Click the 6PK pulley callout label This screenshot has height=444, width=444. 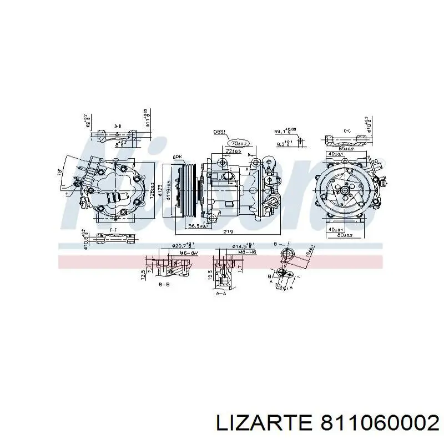point(178,157)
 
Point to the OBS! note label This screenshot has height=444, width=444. point(219,133)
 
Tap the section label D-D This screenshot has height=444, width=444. point(118,127)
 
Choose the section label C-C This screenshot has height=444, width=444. point(347,131)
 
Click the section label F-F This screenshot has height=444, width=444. point(113,229)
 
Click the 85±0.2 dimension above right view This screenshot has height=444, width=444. point(347,148)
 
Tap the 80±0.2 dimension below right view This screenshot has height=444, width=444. point(346,235)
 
